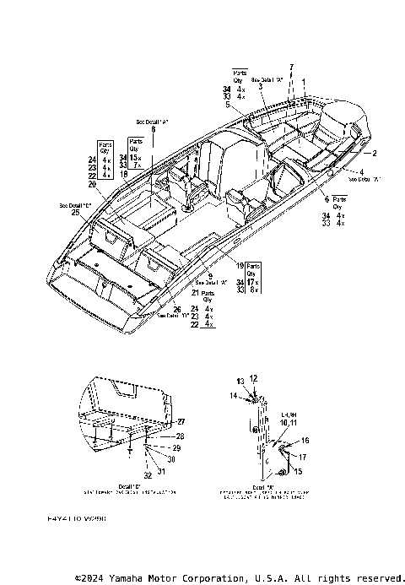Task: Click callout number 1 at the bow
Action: click(x=305, y=81)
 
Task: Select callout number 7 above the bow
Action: click(x=292, y=66)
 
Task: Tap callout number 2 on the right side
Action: click(x=375, y=153)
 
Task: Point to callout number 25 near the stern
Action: click(x=76, y=214)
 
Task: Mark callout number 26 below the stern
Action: click(x=177, y=308)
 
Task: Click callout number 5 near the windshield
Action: click(x=240, y=105)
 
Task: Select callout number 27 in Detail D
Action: click(x=181, y=420)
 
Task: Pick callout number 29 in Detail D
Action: click(x=176, y=447)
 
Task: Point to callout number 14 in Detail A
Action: click(x=233, y=395)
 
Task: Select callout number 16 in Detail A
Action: click(x=305, y=441)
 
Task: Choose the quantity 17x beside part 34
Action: click(x=252, y=282)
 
